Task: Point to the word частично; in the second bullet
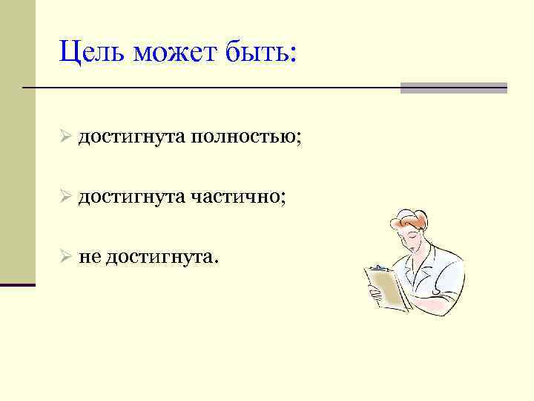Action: (237, 198)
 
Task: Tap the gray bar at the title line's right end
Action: (453, 88)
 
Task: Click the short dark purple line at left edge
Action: (18, 284)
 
